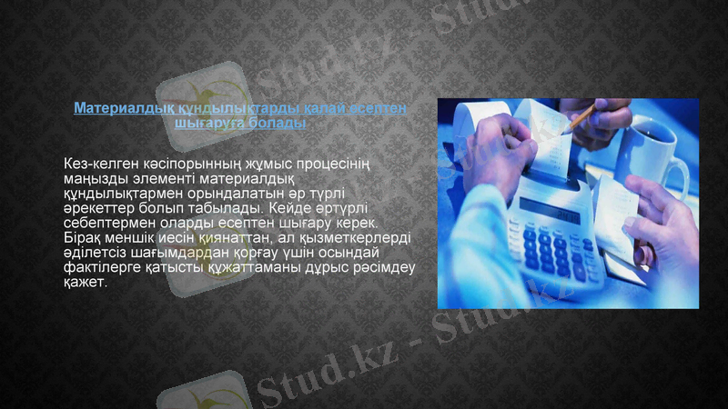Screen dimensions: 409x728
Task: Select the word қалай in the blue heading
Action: click(x=279, y=108)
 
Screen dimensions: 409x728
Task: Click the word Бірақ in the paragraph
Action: click(x=84, y=237)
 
